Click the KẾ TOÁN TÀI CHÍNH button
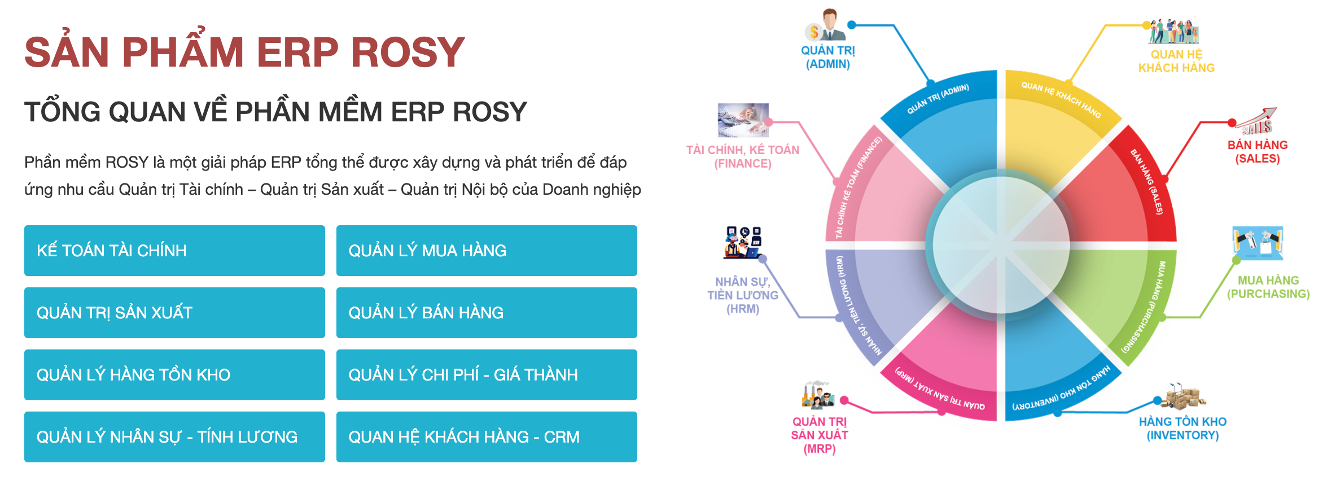point(174,251)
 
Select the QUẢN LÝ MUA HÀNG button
point(487,251)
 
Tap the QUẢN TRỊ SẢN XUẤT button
point(174,313)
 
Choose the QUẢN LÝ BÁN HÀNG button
point(487,313)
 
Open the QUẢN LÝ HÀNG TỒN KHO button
point(174,375)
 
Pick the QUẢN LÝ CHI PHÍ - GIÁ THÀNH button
point(487,375)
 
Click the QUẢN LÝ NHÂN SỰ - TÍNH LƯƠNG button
point(174,437)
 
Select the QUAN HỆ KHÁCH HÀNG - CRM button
point(487,437)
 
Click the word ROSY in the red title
point(408,53)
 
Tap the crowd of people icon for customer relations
point(1174,32)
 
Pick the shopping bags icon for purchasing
point(1258,243)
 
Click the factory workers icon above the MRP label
point(818,395)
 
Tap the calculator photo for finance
point(743,120)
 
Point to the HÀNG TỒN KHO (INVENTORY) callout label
point(1183,428)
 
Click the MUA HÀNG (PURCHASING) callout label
point(1268,287)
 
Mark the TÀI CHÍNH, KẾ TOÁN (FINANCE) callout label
point(743,157)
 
